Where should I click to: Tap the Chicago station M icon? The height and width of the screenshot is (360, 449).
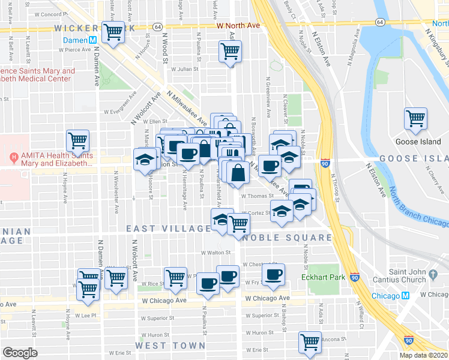406,296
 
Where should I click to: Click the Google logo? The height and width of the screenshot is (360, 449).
20,353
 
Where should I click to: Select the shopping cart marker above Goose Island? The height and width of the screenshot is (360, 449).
415,119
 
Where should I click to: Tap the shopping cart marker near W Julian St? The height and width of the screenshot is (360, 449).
230,52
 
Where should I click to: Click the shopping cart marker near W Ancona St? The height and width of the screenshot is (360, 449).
310,343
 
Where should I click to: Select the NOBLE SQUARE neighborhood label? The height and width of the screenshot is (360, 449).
287,238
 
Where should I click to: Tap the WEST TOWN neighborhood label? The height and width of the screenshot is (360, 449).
170,346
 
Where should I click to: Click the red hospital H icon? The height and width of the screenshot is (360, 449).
13,158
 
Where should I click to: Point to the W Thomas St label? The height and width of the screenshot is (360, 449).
257,196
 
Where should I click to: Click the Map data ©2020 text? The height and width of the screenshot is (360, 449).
424,355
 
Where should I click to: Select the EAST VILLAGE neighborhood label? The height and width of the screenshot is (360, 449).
168,229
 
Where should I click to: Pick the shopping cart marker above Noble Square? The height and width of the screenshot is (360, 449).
239,224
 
